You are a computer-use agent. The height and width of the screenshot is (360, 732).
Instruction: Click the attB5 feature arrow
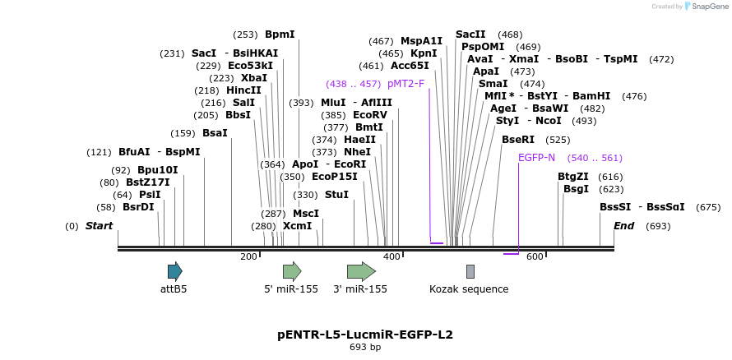point(174,271)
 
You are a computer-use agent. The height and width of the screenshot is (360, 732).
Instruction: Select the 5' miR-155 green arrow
point(292,271)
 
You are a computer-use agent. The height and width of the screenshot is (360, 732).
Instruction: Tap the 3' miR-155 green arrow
point(361,271)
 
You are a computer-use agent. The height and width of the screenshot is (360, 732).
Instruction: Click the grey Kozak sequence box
point(470,271)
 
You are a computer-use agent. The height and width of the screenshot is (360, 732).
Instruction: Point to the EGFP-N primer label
point(536,158)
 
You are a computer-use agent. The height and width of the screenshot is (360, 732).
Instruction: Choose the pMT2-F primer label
point(405,84)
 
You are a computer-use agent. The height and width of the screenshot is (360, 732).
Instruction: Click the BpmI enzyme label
point(280,35)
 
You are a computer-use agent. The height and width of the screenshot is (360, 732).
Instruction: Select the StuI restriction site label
point(336,195)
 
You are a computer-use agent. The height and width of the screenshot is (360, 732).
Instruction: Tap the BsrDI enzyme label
point(138,207)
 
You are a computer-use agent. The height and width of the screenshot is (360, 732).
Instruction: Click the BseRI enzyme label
point(518,140)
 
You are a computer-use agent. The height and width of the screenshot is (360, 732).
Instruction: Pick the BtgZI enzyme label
point(573,177)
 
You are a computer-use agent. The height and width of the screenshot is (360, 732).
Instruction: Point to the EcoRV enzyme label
point(369,115)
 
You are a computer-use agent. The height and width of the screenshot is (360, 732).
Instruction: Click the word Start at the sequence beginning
point(99,226)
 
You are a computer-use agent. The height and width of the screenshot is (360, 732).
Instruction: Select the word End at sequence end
point(623,226)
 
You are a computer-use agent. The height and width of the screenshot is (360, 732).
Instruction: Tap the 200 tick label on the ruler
point(248,257)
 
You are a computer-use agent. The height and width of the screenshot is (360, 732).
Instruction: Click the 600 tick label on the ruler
point(535,257)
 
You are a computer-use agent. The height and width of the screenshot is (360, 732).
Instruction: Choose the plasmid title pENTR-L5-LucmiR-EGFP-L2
point(365,335)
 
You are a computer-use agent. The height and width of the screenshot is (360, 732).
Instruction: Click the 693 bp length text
point(365,347)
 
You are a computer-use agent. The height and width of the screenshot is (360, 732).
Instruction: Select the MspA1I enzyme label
point(421,41)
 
